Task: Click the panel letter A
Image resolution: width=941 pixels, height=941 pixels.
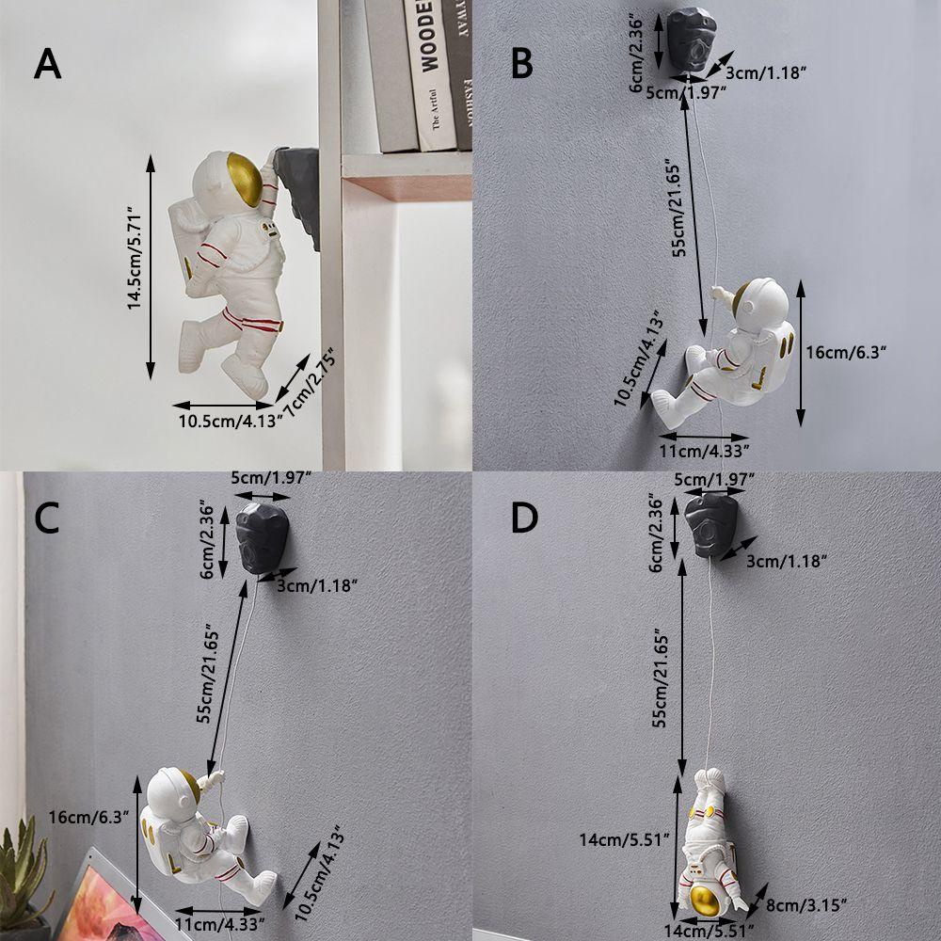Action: click(x=47, y=64)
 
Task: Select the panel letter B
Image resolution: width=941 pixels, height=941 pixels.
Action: click(x=521, y=64)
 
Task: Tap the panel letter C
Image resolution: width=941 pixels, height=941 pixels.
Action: click(x=47, y=518)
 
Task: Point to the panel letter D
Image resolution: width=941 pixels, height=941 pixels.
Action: click(x=524, y=518)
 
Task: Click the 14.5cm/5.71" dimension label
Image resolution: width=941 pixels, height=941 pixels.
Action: click(x=134, y=258)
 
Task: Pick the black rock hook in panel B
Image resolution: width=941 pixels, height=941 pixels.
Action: click(x=692, y=39)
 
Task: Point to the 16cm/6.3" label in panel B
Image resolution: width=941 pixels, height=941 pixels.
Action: click(x=846, y=352)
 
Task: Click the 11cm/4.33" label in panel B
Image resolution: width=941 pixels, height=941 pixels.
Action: click(x=704, y=451)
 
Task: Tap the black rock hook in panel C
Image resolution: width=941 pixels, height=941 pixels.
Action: click(x=263, y=538)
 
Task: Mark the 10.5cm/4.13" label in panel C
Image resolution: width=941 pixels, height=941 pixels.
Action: click(x=320, y=875)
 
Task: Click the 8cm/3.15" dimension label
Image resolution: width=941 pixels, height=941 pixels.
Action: click(x=805, y=904)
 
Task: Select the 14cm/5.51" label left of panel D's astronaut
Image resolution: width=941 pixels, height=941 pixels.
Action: click(x=624, y=839)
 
